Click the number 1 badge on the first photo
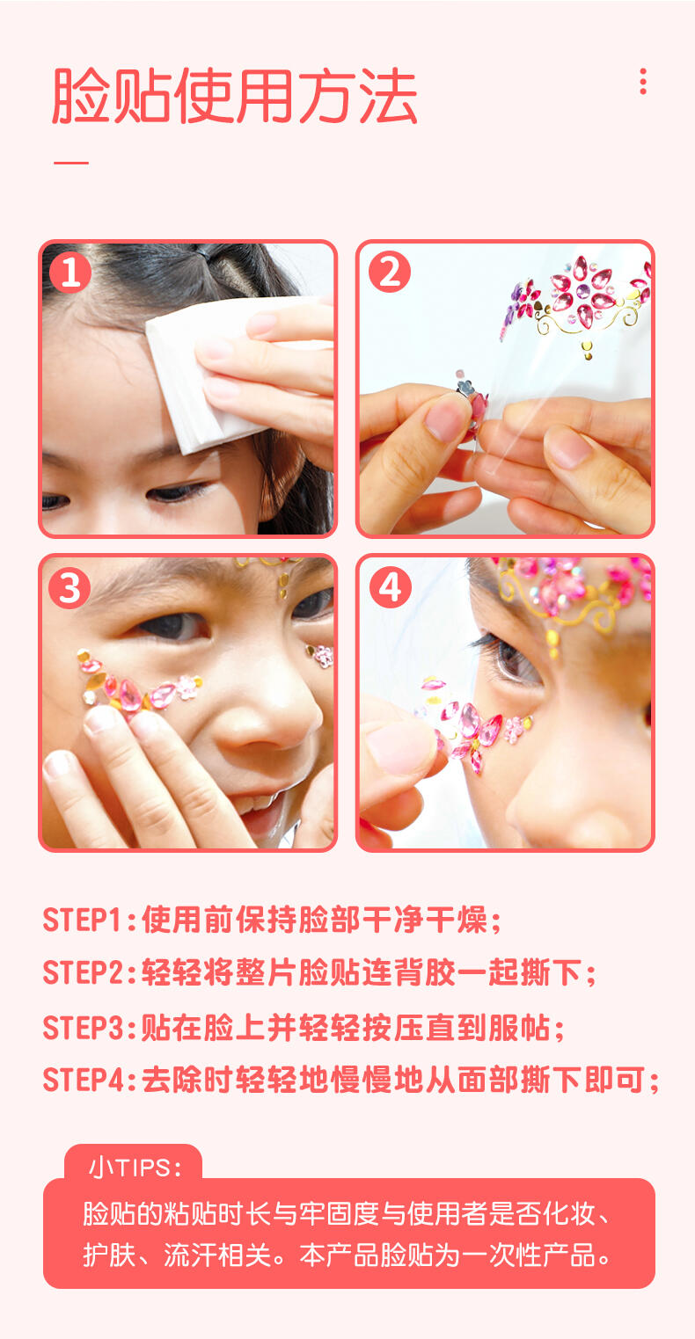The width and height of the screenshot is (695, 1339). point(70,272)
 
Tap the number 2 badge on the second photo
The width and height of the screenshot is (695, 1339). point(390,272)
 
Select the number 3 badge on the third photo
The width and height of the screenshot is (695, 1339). point(70,587)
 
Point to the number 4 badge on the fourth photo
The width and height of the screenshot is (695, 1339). point(390,587)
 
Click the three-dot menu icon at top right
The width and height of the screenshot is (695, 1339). point(643,81)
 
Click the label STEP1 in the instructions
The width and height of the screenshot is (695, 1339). point(82,920)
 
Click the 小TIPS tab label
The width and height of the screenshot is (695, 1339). point(135,1168)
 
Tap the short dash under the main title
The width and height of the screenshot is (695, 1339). point(71,162)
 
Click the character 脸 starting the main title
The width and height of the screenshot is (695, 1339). point(81,96)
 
